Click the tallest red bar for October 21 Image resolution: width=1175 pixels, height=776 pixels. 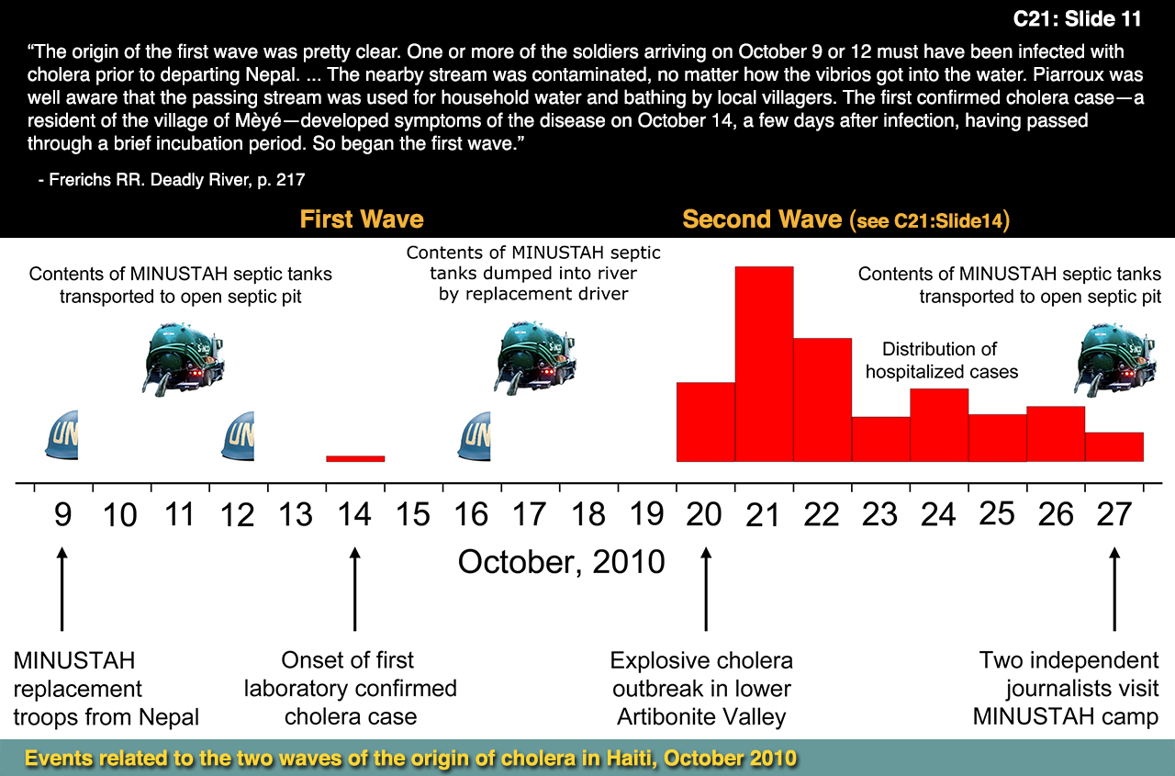pyautogui.click(x=764, y=364)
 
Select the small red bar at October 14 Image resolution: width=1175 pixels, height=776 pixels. pyautogui.click(x=355, y=458)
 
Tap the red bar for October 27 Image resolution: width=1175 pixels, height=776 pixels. pyautogui.click(x=1113, y=446)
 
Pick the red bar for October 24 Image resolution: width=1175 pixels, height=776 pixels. pyautogui.click(x=938, y=424)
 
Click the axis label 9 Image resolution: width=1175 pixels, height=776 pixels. pyautogui.click(x=62, y=514)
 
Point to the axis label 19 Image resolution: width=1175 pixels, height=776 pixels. pyautogui.click(x=647, y=514)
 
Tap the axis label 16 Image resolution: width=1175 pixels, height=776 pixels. pyautogui.click(x=472, y=514)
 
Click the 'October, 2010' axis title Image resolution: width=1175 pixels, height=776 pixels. pyautogui.click(x=561, y=561)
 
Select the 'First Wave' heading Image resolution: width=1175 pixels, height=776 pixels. pyautogui.click(x=362, y=219)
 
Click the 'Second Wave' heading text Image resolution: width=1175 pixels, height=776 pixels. pyautogui.click(x=762, y=219)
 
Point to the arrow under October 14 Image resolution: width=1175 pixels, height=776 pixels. pyautogui.click(x=355, y=588)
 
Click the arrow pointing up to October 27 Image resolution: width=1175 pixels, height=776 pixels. pyautogui.click(x=1114, y=588)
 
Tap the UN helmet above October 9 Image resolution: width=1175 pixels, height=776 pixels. pyautogui.click(x=62, y=435)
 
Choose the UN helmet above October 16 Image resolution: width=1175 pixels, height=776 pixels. pyautogui.click(x=475, y=435)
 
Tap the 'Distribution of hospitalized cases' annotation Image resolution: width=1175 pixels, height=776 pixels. pyautogui.click(x=941, y=360)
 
